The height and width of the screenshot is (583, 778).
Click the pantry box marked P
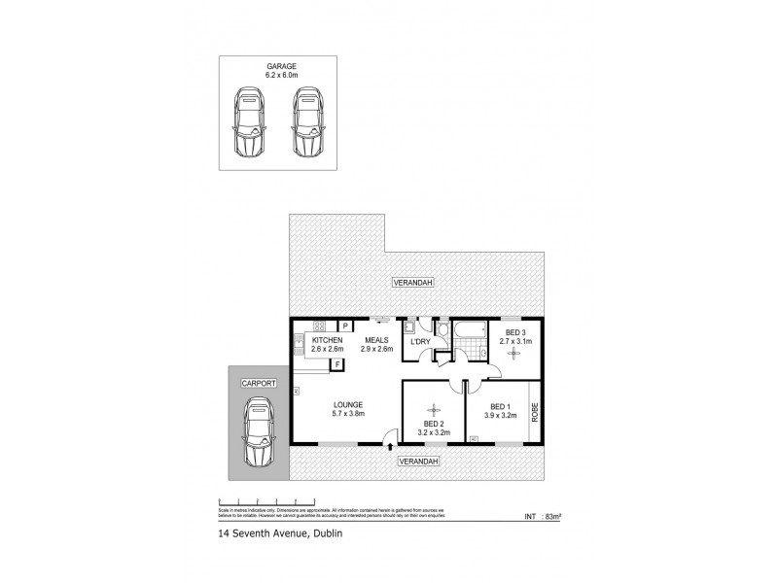(x=344, y=326)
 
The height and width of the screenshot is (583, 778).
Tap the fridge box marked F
(x=337, y=364)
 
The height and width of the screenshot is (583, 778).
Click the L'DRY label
(x=420, y=342)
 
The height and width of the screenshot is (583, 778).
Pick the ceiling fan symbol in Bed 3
(x=513, y=354)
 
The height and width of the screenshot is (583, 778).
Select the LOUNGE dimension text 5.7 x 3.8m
(x=346, y=414)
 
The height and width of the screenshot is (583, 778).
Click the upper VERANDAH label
(x=412, y=282)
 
